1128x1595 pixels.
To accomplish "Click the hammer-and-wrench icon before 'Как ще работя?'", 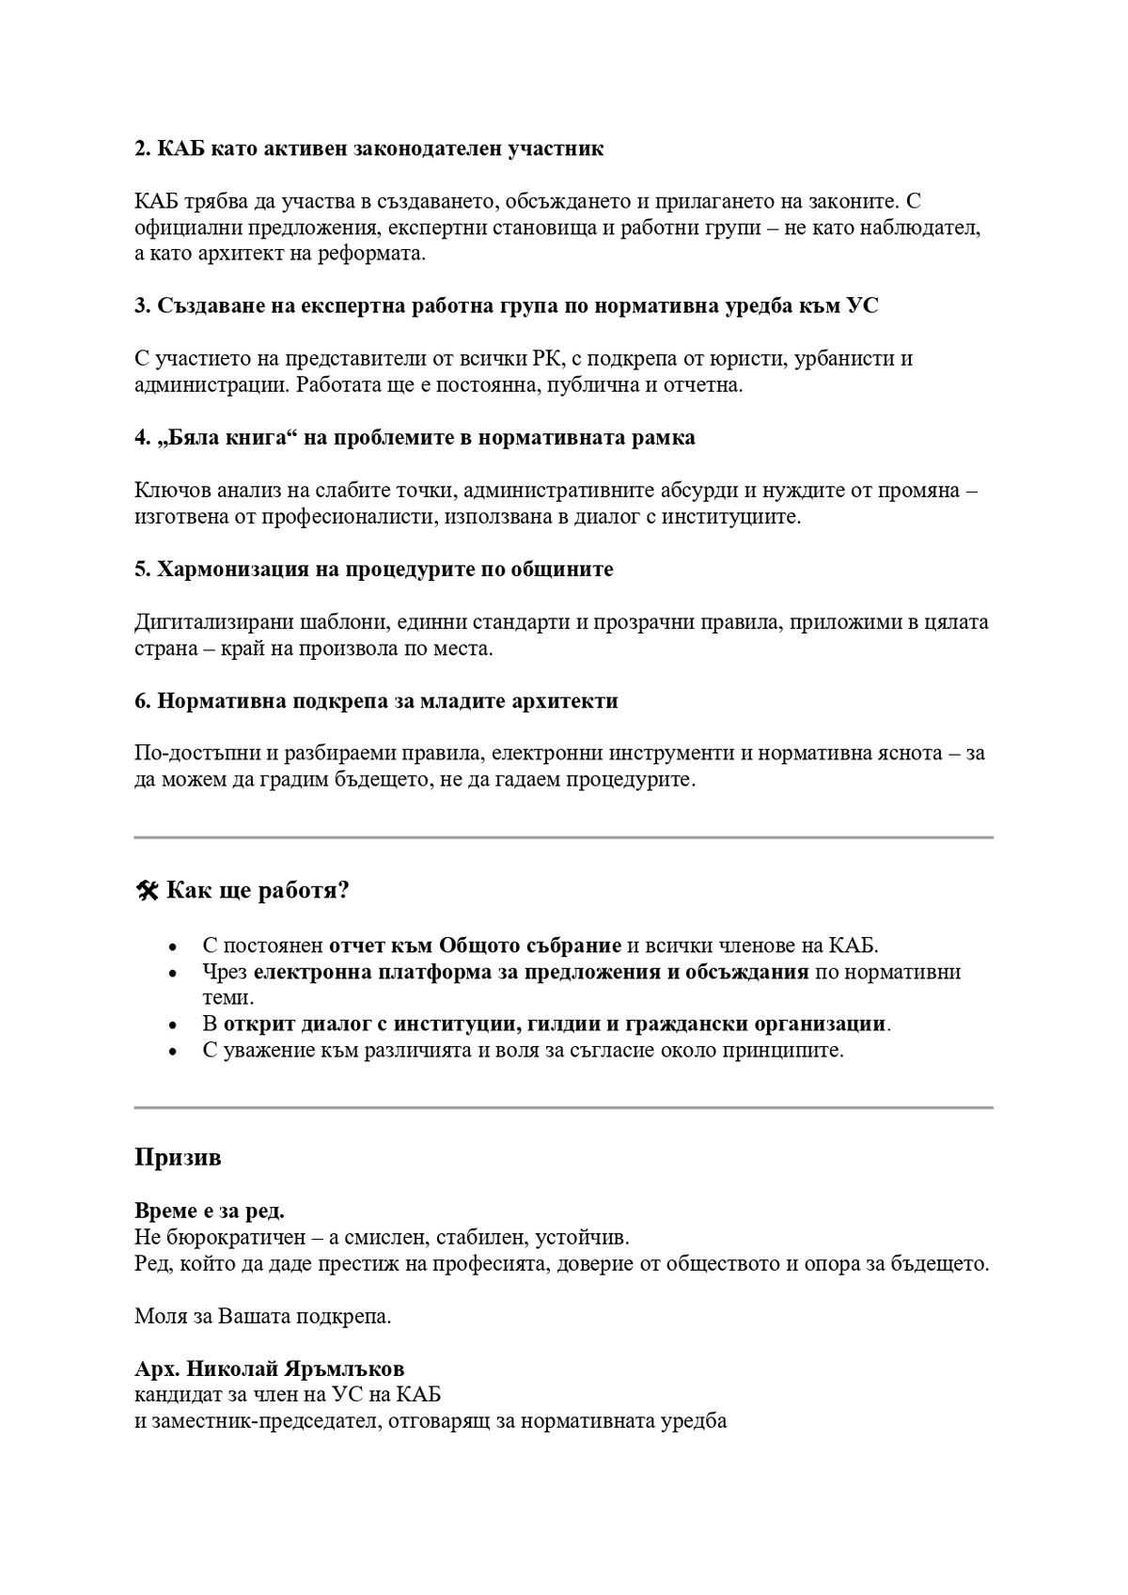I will pos(148,891).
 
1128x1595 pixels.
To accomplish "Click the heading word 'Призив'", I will pos(178,1157).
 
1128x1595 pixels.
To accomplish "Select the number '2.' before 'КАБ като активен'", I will pos(143,149).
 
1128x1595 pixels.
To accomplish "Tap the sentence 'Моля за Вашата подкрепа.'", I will pos(262,1316).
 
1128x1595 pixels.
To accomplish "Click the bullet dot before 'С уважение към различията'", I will pos(171,1052).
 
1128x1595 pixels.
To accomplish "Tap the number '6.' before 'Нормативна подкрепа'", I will pos(143,701).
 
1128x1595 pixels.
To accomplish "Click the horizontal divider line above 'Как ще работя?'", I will pos(563,837).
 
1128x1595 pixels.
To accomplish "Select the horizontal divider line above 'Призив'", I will pos(563,1107).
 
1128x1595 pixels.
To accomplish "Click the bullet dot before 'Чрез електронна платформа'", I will pos(171,973).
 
